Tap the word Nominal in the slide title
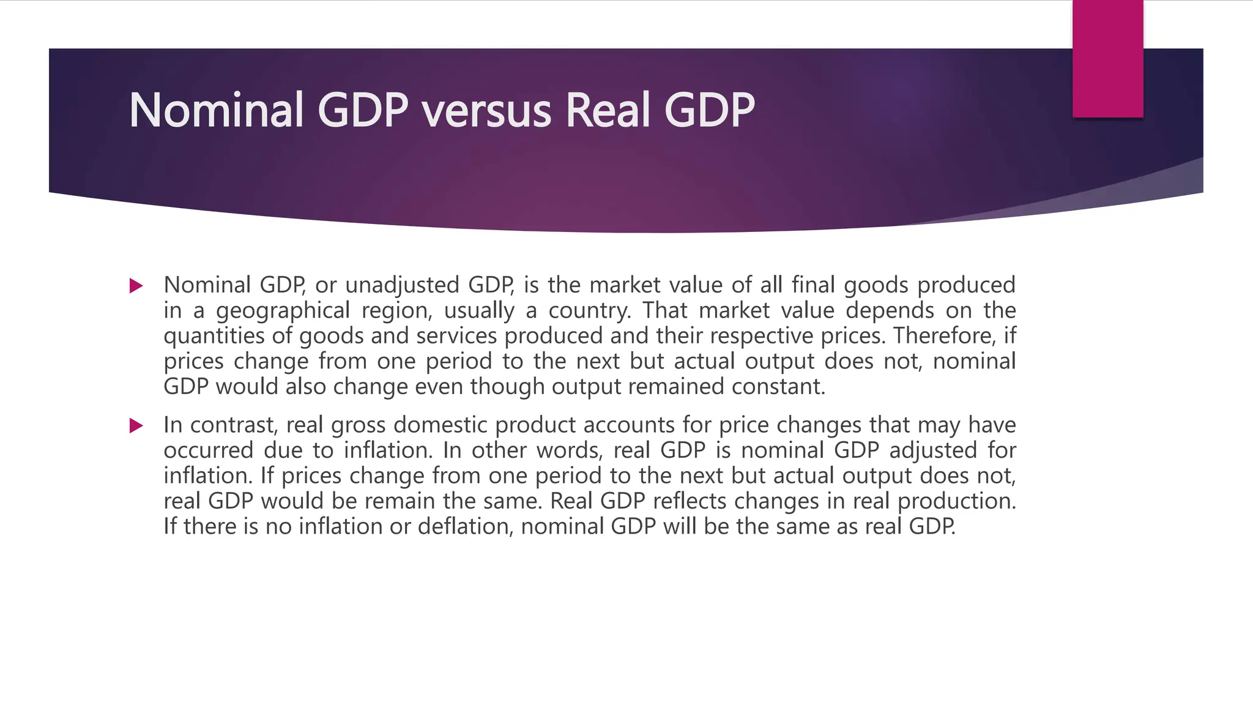(216, 111)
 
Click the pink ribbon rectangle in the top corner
(1107, 59)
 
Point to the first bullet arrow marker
(136, 286)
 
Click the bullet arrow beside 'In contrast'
(136, 425)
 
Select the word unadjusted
(402, 285)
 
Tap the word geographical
(283, 311)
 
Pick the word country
(589, 311)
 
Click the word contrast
(234, 425)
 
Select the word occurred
(208, 450)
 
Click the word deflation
(466, 526)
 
